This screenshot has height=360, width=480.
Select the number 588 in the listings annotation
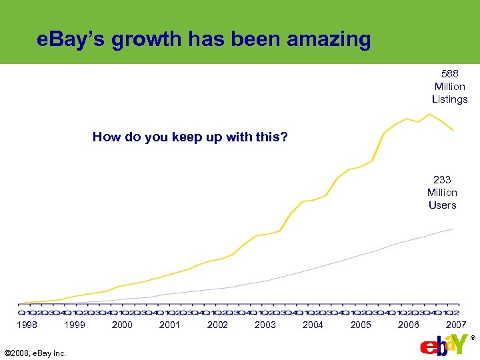(x=449, y=73)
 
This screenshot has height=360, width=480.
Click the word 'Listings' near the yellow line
(x=449, y=99)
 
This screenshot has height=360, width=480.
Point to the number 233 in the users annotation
(x=442, y=179)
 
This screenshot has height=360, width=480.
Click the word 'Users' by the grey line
(x=442, y=205)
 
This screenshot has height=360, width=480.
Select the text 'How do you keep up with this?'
(x=190, y=137)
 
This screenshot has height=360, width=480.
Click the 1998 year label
(x=27, y=325)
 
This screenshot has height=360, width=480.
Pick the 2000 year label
(x=122, y=325)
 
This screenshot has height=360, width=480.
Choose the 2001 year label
(x=170, y=325)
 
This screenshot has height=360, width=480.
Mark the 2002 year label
(x=217, y=325)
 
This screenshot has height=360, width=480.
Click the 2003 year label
(x=265, y=325)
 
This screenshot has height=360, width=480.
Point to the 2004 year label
(x=313, y=325)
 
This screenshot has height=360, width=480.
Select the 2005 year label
(x=361, y=325)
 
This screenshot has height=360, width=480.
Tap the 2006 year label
(x=408, y=325)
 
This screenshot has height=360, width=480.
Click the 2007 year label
(x=456, y=325)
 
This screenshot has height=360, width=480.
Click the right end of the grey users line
(x=453, y=229)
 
